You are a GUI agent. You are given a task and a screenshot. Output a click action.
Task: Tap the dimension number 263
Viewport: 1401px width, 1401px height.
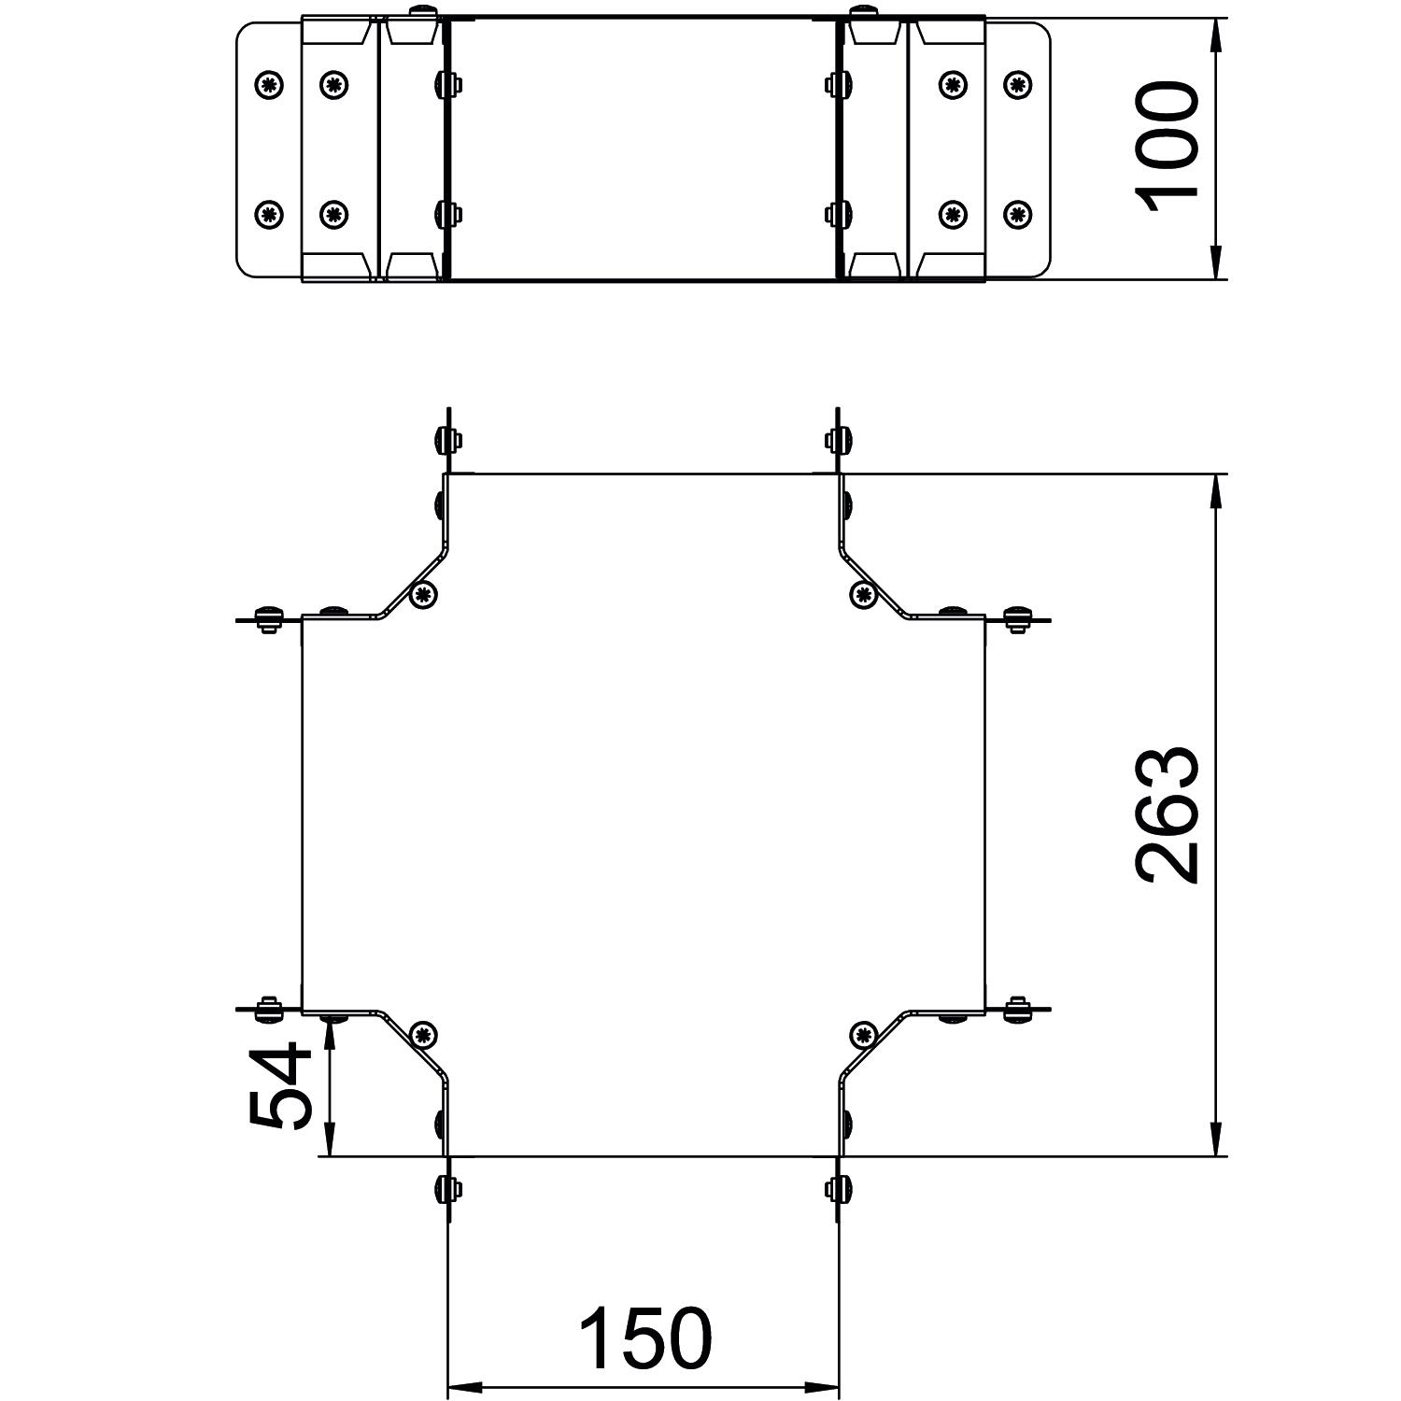(1166, 814)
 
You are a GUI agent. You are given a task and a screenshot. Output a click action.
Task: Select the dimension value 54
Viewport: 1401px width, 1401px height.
(278, 1086)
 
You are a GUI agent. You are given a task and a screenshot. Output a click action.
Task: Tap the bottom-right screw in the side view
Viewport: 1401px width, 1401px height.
(1018, 214)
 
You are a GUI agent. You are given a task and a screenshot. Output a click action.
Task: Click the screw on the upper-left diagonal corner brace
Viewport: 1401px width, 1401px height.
(424, 594)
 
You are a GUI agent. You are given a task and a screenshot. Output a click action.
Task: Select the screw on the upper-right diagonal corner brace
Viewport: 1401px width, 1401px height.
(864, 594)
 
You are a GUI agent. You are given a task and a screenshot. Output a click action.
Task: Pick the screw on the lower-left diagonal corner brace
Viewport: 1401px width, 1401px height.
(424, 1034)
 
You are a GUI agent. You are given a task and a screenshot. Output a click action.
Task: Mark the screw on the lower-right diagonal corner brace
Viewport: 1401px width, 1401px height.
(864, 1034)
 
